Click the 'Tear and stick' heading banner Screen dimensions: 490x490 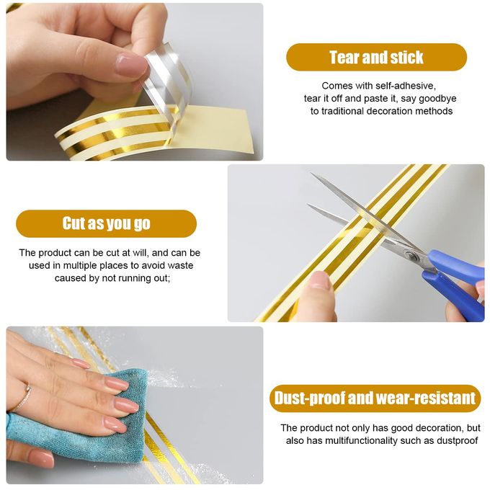[376, 57]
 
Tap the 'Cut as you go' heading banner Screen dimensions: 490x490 [106, 223]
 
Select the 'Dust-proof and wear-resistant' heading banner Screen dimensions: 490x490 [375, 398]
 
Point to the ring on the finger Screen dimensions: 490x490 [24, 398]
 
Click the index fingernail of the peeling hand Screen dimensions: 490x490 [130, 64]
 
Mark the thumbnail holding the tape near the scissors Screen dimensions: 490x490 [319, 280]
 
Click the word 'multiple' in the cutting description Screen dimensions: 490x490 [80, 266]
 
